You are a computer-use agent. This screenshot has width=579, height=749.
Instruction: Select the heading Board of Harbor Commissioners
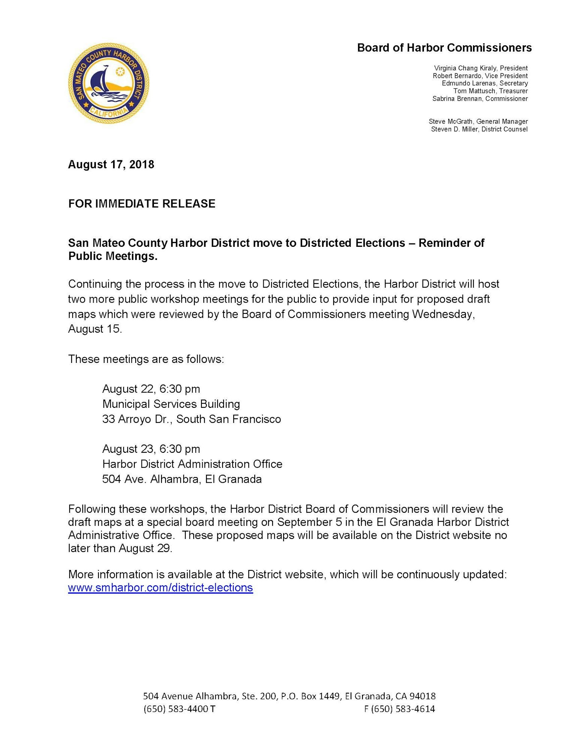444,48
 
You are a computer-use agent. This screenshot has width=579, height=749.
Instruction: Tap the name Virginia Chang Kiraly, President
481,68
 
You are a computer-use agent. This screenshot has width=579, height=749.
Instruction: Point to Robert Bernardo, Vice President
480,76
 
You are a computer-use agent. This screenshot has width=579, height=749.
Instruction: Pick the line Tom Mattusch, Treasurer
490,91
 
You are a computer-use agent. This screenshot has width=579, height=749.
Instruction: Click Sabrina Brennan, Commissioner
480,98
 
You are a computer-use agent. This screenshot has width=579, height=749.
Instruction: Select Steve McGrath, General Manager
478,121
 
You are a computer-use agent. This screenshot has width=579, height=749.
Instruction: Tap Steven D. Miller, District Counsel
479,129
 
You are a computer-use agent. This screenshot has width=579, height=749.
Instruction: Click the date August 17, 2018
111,165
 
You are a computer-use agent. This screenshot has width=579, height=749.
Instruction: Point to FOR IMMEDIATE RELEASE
142,204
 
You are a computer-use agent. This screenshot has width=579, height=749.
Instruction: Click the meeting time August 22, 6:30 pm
151,389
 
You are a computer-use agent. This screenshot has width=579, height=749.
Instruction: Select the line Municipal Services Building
171,404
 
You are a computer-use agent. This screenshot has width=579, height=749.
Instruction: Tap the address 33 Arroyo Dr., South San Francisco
191,419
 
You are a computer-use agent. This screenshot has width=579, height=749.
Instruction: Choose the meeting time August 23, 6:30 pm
151,449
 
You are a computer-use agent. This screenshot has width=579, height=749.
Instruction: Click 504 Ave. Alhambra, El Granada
182,479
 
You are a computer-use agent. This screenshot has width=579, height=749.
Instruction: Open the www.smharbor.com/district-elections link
160,588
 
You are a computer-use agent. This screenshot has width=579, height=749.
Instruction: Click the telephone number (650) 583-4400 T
179,709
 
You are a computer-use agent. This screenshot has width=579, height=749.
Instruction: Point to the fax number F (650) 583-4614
399,709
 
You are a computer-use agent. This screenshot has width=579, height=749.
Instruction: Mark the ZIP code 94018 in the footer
422,696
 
